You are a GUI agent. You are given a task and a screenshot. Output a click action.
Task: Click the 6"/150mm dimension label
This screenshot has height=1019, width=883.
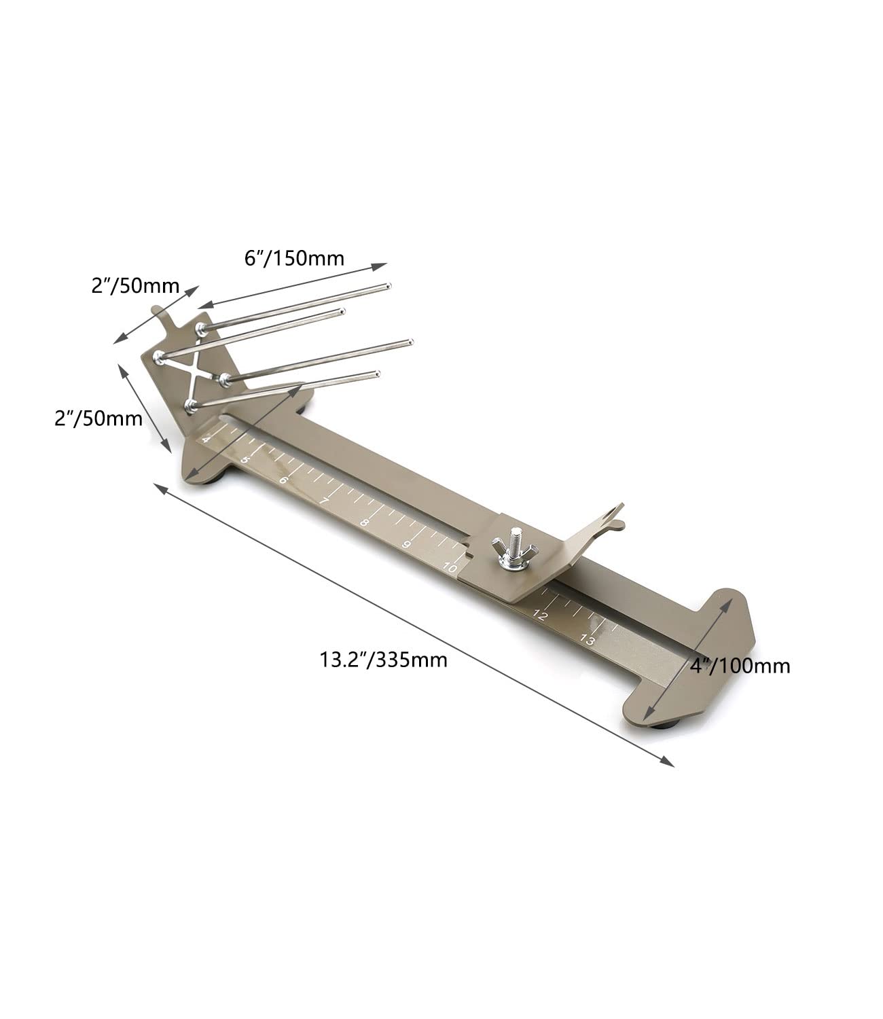pos(294,258)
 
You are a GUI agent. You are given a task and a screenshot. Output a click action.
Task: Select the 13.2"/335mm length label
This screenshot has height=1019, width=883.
pos(384,660)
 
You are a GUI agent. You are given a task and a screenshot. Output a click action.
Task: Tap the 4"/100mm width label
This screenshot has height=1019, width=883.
pos(740,666)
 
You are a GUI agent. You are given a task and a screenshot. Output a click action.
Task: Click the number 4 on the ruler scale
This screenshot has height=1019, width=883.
pos(206,440)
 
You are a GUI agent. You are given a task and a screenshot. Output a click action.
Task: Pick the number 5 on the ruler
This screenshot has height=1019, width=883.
pos(245,460)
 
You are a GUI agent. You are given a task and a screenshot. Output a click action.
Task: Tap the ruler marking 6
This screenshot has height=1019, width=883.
pos(283,480)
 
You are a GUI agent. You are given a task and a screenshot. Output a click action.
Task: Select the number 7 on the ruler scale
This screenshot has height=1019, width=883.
pos(324,501)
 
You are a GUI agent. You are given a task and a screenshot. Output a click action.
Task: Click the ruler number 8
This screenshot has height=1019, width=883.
pos(364,522)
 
